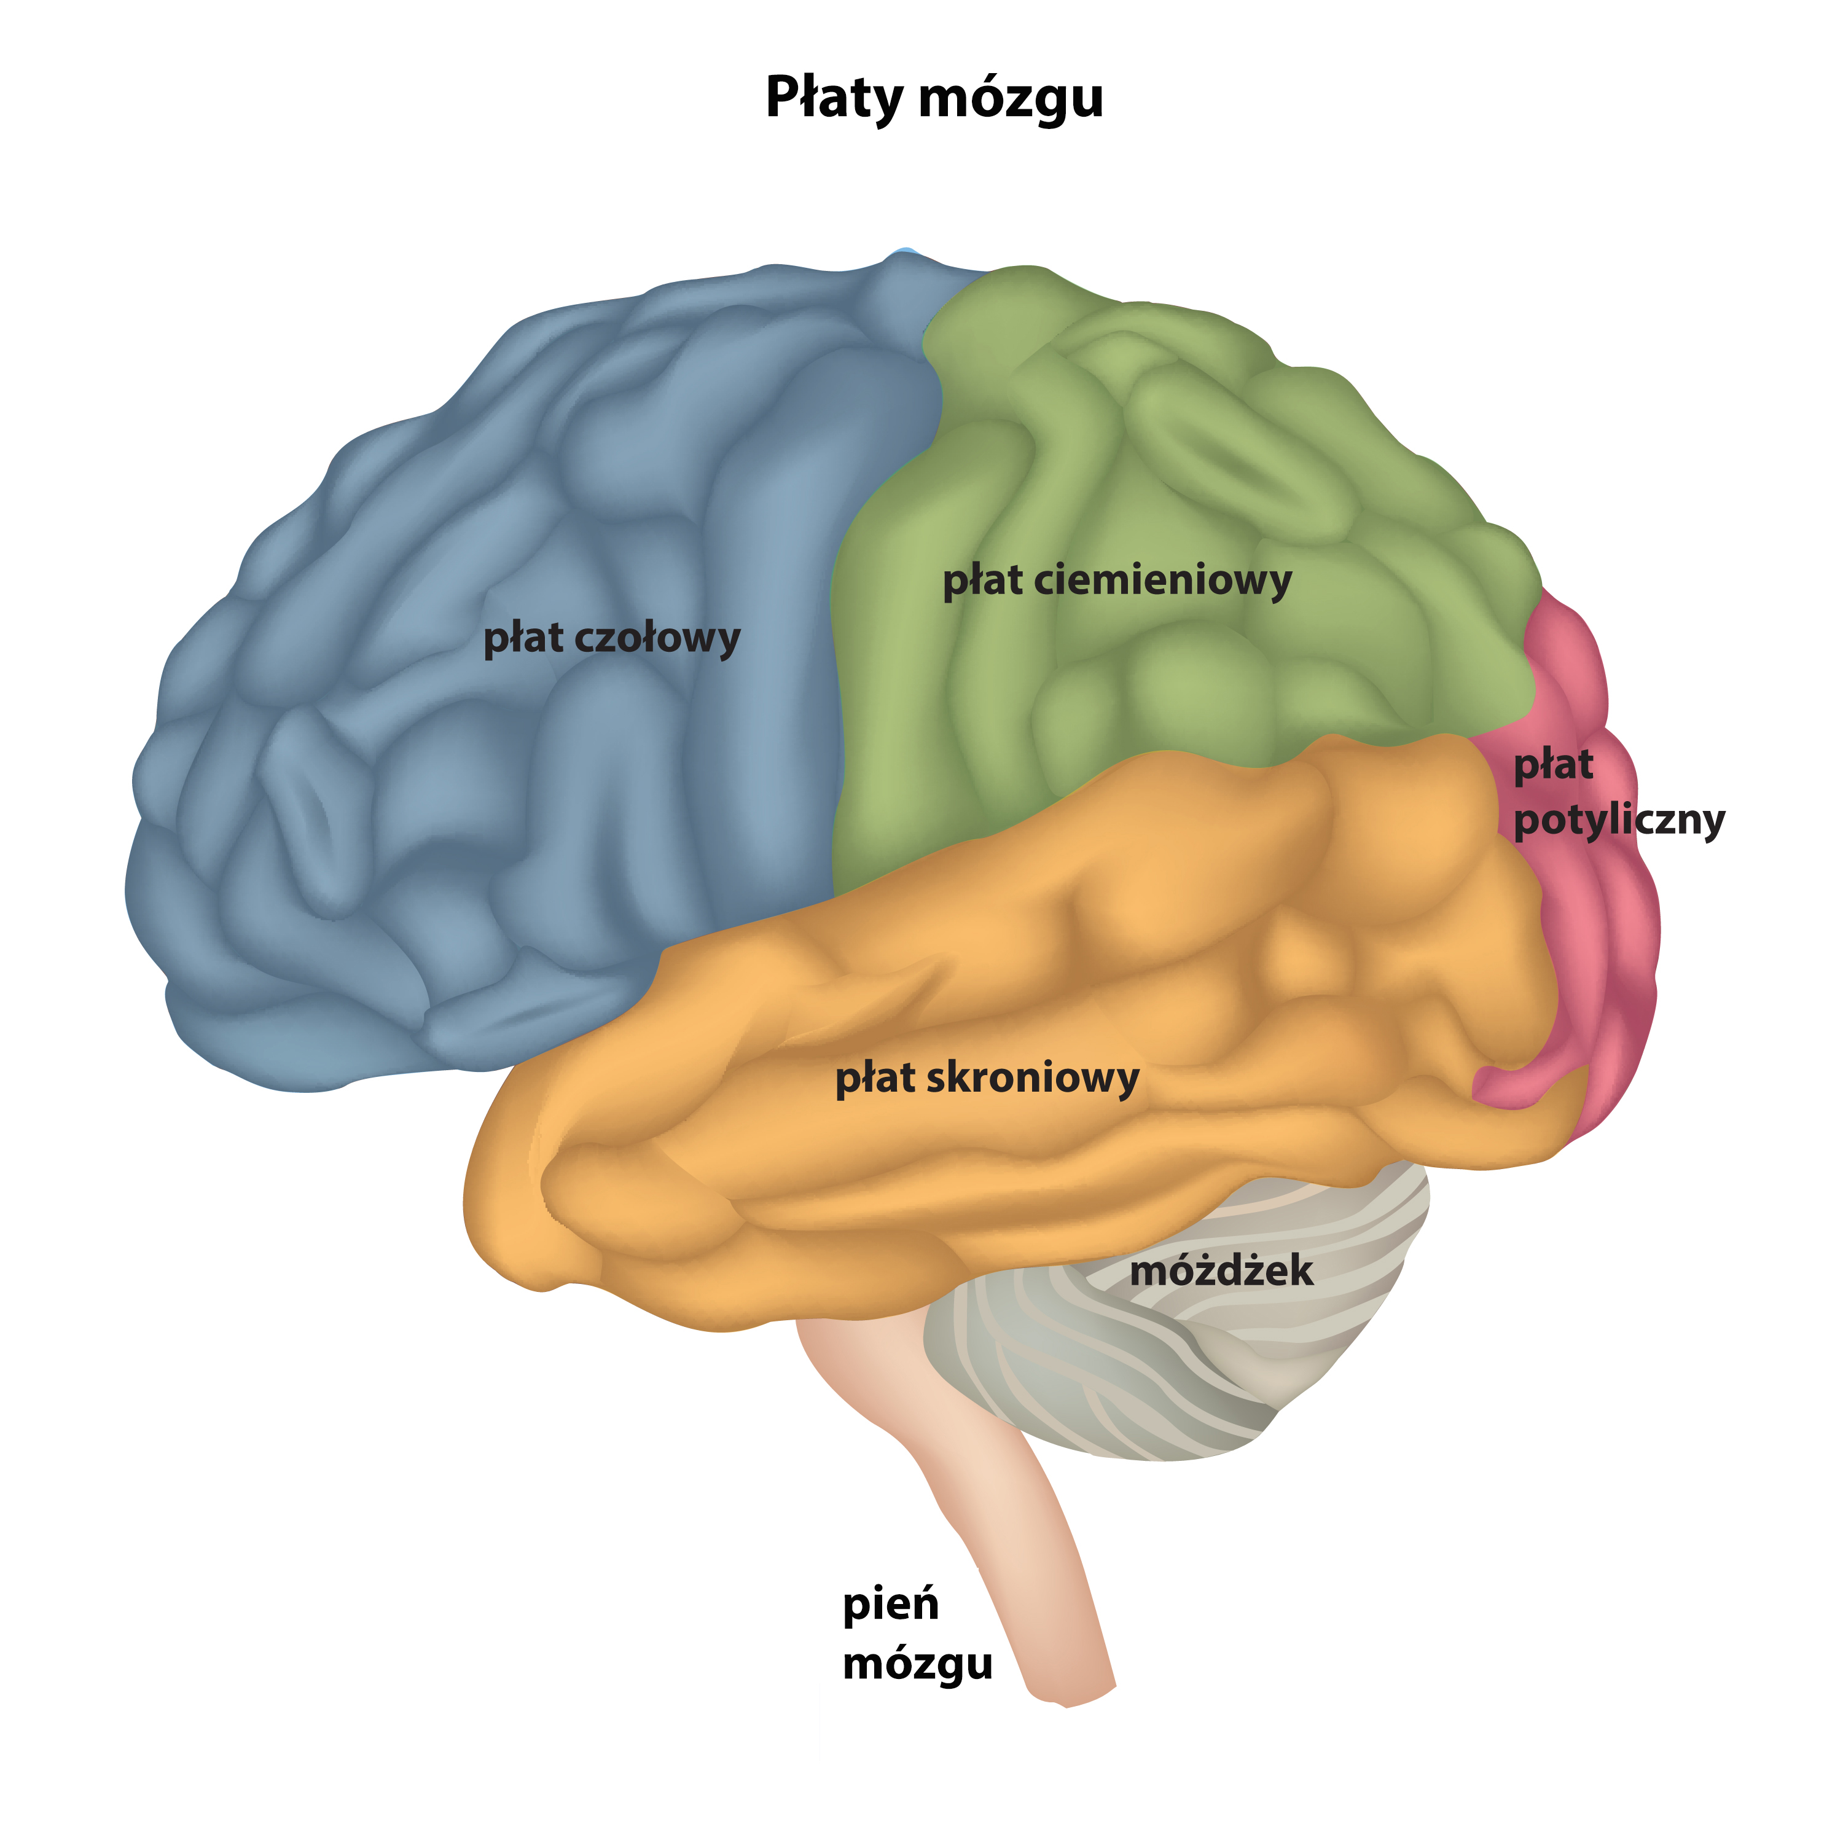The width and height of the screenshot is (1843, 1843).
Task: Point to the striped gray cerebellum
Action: tap(1192, 1355)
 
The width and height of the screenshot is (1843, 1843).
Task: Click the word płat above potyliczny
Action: tap(1553, 765)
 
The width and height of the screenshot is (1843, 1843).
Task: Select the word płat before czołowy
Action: tap(523, 638)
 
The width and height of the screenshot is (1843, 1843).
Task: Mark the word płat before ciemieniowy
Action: tap(982, 581)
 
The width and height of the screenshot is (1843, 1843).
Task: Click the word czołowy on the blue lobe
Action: tap(657, 638)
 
